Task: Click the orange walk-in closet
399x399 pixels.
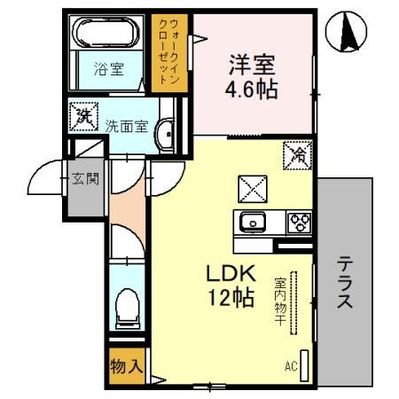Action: (168, 51)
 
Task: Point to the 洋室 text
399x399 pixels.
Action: (252, 64)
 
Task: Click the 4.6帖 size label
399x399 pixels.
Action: (252, 90)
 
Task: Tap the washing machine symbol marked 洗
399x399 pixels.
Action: (83, 114)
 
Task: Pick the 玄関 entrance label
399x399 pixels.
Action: (86, 177)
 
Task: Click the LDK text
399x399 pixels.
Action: (231, 273)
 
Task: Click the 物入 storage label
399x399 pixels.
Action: (124, 364)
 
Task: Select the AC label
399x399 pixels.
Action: (291, 364)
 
